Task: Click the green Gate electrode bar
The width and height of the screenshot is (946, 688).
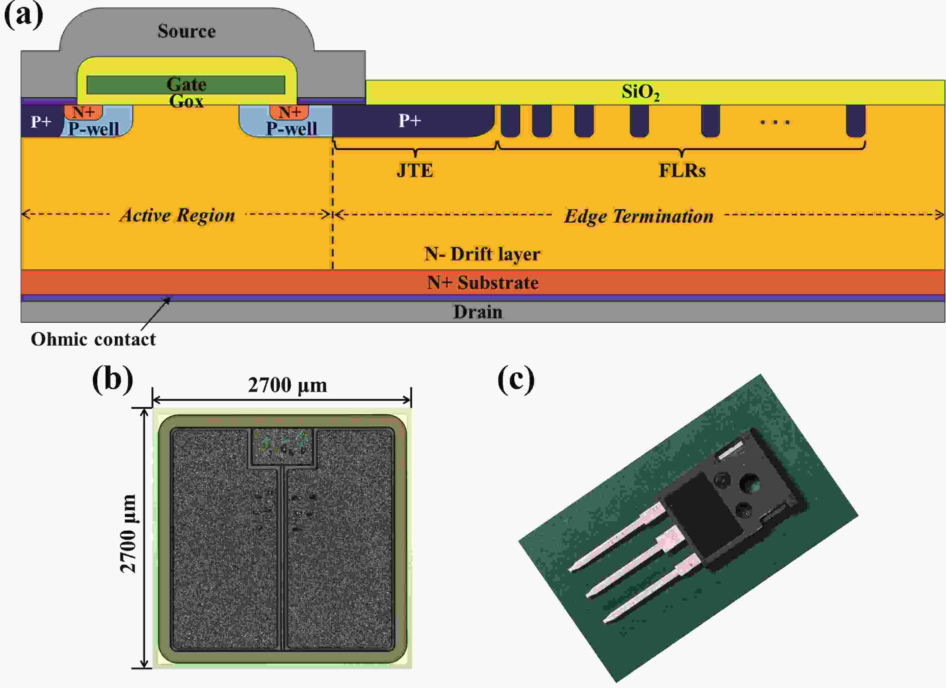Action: [125, 85]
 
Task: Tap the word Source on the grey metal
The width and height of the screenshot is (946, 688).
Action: [186, 31]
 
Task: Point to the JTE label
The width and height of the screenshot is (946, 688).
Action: [415, 171]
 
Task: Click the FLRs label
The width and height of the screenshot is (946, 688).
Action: [682, 171]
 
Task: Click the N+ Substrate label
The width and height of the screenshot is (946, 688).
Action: [483, 283]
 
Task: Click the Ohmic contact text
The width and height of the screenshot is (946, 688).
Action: [93, 339]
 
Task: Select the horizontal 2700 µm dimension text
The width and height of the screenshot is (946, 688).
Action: [287, 385]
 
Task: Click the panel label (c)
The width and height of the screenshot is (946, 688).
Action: [516, 380]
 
